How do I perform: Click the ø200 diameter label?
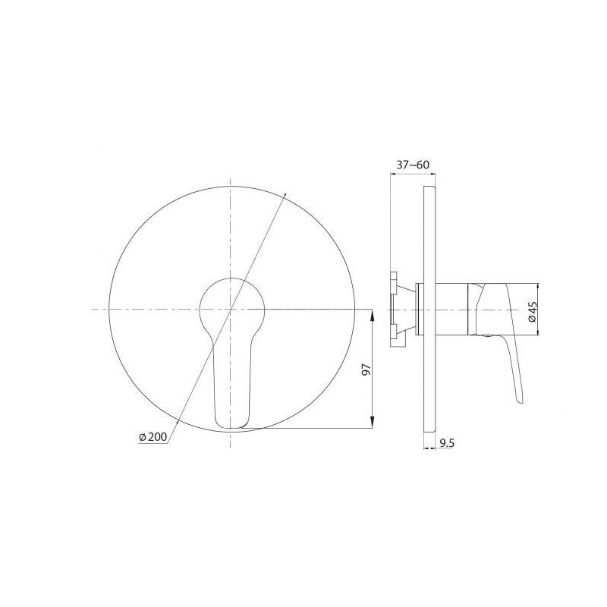[x=153, y=437]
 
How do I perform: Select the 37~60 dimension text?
[x=413, y=165]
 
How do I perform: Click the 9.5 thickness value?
[x=447, y=443]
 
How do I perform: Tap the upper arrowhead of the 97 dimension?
[x=372, y=315]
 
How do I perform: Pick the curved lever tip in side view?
[x=521, y=401]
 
